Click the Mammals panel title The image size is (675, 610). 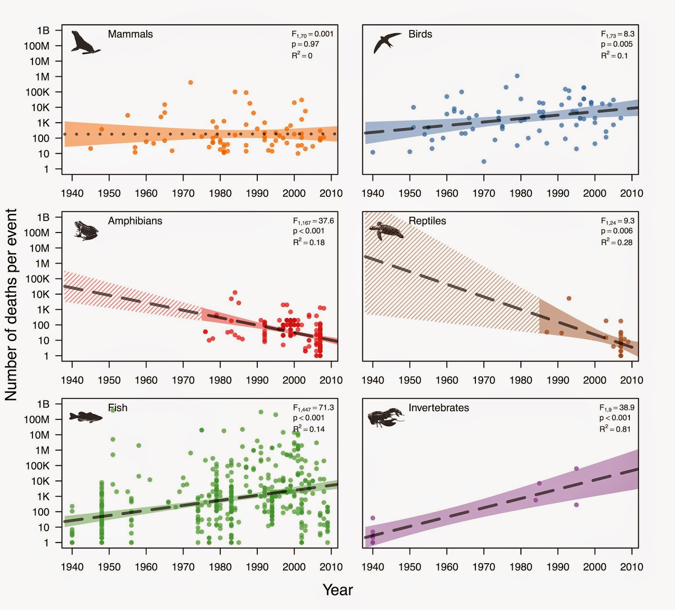(x=130, y=34)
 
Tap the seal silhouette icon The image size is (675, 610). (x=84, y=43)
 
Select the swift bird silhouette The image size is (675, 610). (x=386, y=43)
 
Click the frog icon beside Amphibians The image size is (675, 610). (x=86, y=230)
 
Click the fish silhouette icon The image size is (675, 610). (x=86, y=417)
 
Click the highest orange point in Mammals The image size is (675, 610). (x=190, y=83)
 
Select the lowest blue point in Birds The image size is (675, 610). (x=484, y=162)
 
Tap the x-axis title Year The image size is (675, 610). (x=337, y=590)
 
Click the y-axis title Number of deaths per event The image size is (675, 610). (x=11, y=305)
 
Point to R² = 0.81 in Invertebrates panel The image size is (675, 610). (x=615, y=429)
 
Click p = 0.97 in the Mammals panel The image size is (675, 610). (x=305, y=44)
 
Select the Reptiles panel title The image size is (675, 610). (x=427, y=221)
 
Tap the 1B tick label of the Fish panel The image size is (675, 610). (x=43, y=404)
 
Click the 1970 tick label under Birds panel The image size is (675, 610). (x=483, y=193)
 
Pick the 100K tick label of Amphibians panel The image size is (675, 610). (x=38, y=279)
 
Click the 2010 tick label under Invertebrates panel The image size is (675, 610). (x=631, y=567)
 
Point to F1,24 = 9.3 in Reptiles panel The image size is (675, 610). (x=617, y=221)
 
